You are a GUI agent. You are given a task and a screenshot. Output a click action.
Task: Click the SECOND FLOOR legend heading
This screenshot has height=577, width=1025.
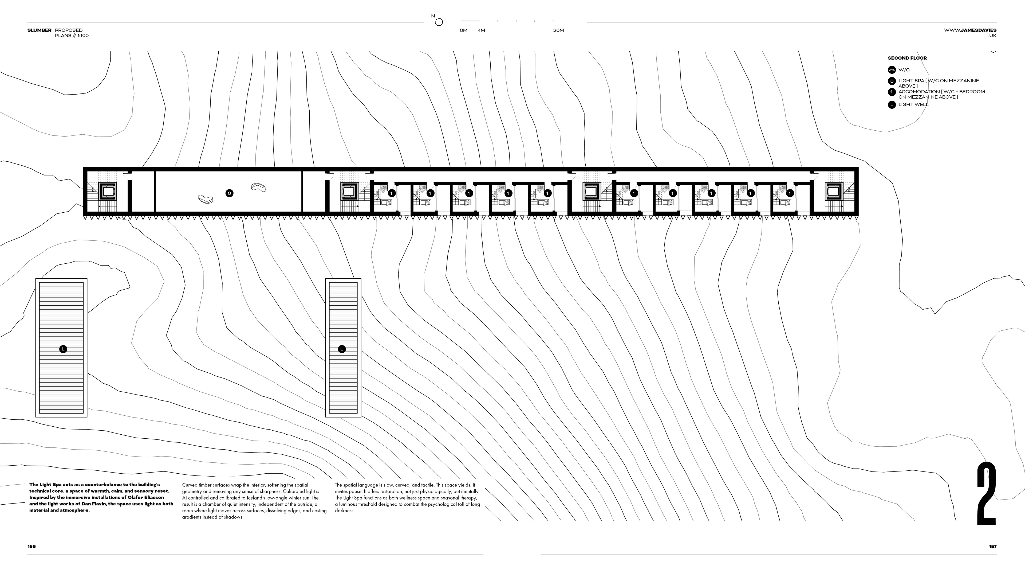[907, 58]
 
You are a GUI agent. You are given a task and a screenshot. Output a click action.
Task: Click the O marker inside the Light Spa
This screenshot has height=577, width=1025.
[229, 193]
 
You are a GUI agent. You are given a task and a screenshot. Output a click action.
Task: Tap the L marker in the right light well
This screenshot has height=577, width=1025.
[341, 349]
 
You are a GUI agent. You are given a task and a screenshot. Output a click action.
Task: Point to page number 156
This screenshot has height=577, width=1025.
[31, 546]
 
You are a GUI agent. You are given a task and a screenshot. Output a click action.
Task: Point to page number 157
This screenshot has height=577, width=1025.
[992, 546]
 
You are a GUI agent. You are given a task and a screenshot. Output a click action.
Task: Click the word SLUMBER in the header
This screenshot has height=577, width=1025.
[40, 30]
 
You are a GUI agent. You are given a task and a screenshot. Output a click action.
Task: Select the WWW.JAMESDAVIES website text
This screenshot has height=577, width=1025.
[970, 30]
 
